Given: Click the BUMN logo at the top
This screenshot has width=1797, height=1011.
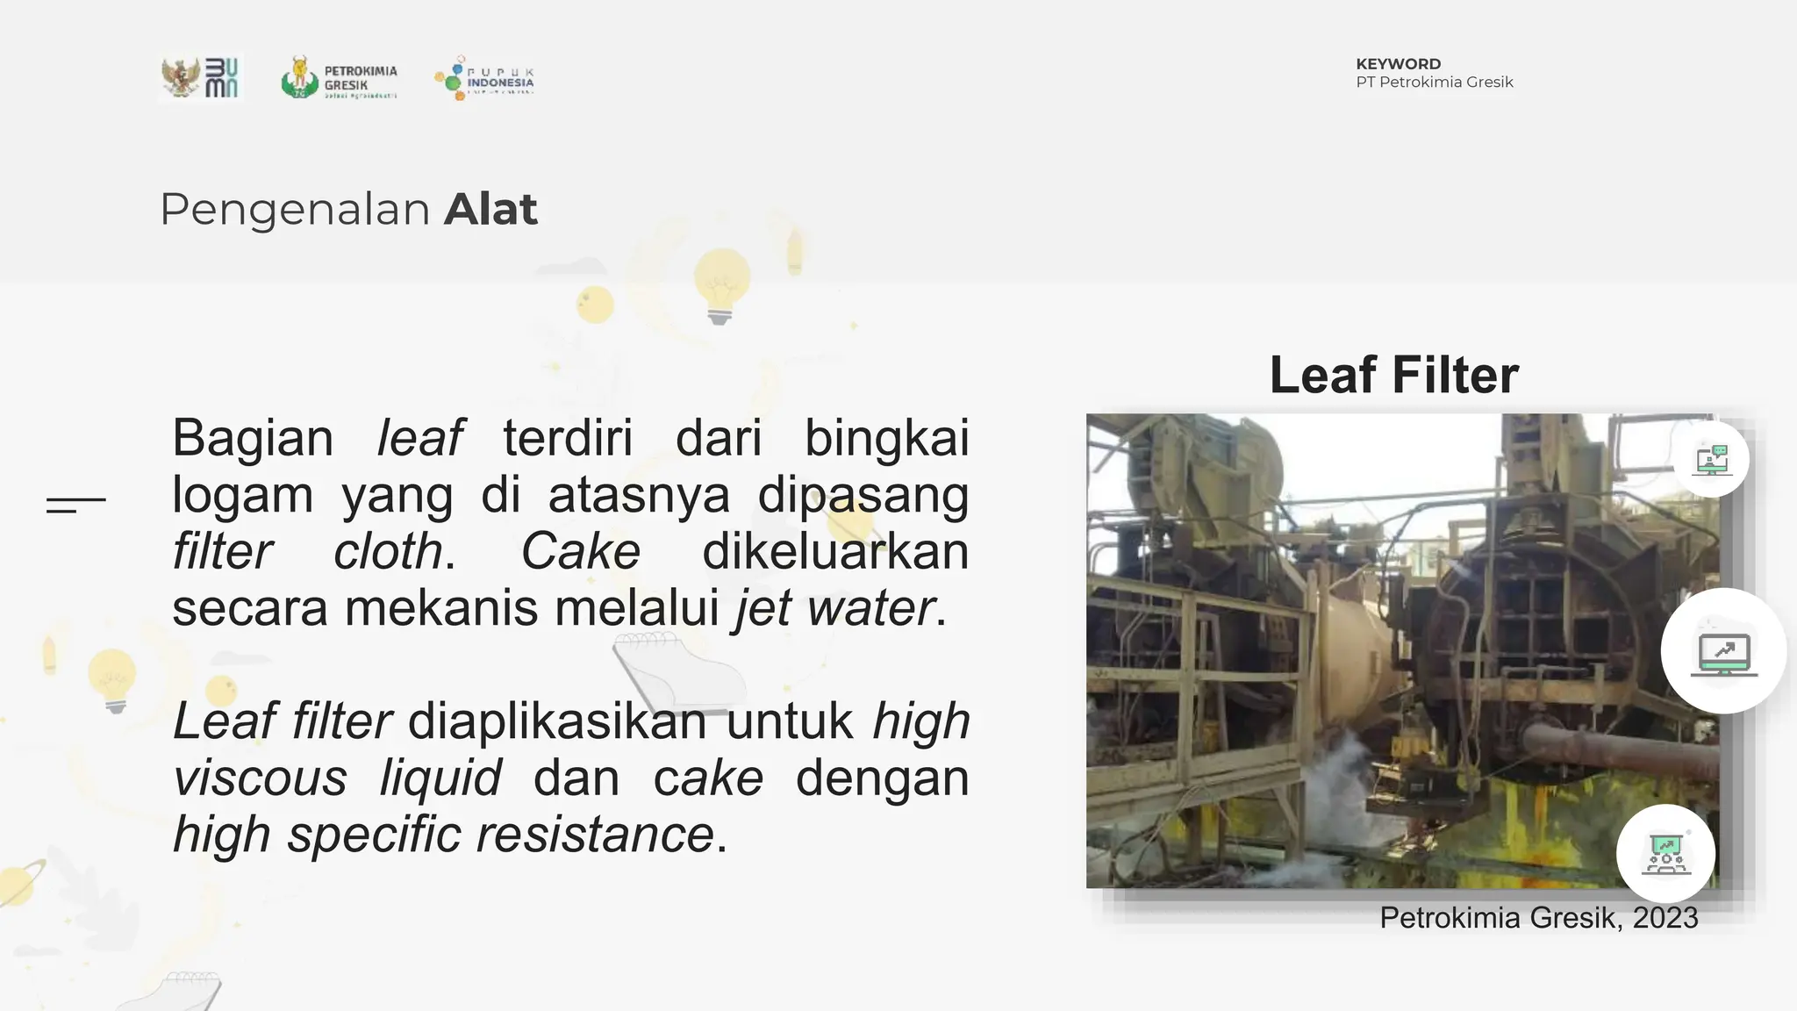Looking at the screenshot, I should (202, 78).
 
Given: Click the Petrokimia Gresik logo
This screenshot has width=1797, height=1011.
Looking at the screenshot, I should (340, 78).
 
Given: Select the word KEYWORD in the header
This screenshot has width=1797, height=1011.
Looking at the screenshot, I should (1398, 64).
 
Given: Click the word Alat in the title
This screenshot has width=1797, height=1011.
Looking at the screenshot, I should (490, 210).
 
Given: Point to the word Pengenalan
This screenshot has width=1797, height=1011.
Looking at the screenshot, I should (295, 210).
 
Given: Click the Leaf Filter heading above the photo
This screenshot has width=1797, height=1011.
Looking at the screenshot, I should (1393, 376).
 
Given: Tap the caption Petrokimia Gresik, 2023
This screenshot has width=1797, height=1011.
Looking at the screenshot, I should (1538, 918).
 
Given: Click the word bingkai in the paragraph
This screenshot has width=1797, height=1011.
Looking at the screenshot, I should (886, 438).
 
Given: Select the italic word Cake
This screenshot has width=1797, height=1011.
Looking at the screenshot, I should (581, 552).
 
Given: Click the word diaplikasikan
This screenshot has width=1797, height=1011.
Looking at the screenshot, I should (557, 721).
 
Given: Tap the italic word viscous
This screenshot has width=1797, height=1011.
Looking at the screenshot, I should (261, 778).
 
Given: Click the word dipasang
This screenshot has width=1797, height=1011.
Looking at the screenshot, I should (863, 495).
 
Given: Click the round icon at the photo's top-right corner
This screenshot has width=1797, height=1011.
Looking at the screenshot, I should (1711, 459).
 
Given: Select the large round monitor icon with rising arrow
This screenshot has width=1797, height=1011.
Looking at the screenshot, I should (1723, 651).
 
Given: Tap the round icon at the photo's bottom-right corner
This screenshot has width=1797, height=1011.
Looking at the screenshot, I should (1665, 853).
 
